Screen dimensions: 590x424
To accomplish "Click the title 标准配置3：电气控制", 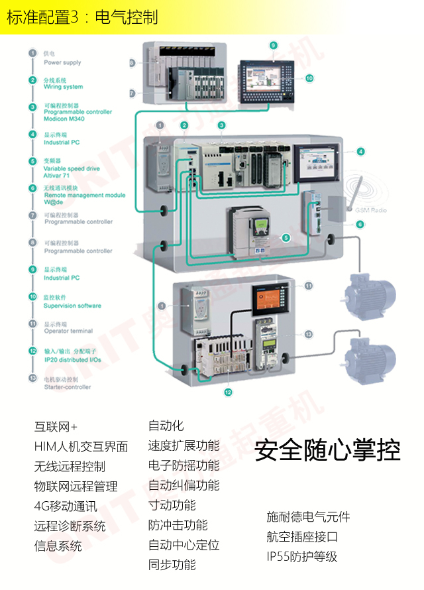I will click(x=83, y=17).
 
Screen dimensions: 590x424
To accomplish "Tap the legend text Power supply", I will click(x=62, y=63).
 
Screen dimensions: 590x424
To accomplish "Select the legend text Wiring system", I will click(x=63, y=87).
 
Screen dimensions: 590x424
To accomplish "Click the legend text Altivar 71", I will click(x=56, y=176).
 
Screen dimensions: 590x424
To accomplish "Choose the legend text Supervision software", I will click(x=72, y=306).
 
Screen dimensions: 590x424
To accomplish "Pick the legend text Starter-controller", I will click(x=67, y=386).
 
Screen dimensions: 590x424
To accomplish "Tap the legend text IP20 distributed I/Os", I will click(x=72, y=359).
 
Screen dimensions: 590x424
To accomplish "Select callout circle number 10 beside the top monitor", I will click(x=309, y=78).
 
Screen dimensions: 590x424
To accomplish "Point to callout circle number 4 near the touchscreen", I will click(x=360, y=152).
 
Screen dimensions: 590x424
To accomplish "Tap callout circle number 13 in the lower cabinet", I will click(x=309, y=334).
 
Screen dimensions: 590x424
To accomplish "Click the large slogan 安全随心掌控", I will click(x=327, y=451).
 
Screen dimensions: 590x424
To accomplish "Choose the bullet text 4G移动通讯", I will click(x=66, y=506).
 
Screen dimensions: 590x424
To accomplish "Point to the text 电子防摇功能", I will click(x=184, y=465).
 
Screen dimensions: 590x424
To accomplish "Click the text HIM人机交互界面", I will click(x=81, y=447).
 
